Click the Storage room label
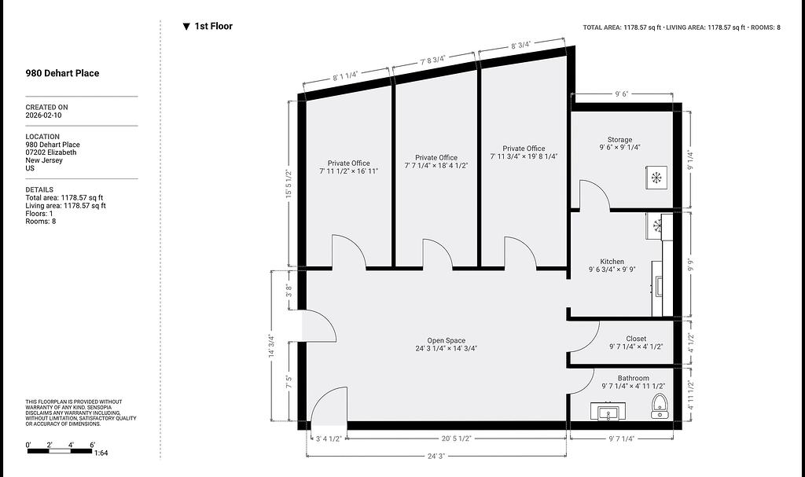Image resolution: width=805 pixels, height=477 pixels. (x=619, y=140)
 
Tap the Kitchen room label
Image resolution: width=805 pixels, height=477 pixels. (x=612, y=262)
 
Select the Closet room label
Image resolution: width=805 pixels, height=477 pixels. (x=636, y=339)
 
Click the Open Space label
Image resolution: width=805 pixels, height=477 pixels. (x=447, y=340)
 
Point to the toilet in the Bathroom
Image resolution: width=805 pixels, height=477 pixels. (x=658, y=406)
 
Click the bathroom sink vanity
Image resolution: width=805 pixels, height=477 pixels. (x=608, y=411)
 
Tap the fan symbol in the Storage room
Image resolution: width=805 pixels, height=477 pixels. (x=656, y=178)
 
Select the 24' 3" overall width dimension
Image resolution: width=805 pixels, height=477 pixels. (x=436, y=456)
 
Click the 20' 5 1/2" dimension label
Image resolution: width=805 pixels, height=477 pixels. (x=457, y=438)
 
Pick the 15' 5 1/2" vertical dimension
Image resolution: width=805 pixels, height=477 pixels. (x=289, y=184)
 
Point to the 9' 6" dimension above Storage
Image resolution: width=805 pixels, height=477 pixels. (x=621, y=94)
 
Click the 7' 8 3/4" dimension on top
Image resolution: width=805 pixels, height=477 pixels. (x=433, y=60)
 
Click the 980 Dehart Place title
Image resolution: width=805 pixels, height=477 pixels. (x=62, y=73)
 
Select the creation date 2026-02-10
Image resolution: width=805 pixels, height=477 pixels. (x=44, y=115)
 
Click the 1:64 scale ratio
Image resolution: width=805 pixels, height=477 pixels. (x=101, y=453)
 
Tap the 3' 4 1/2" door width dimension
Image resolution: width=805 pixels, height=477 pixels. (x=329, y=438)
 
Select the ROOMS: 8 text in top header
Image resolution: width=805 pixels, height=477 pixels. (x=766, y=28)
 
